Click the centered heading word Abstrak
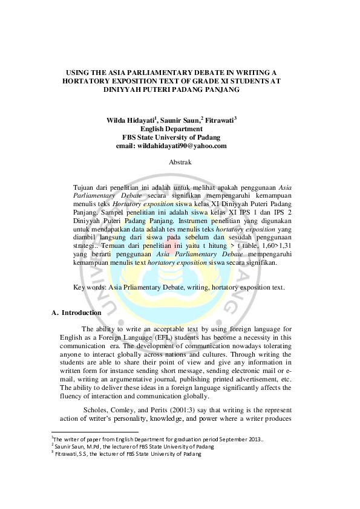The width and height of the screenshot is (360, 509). point(180,163)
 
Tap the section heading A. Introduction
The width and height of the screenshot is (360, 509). point(76,313)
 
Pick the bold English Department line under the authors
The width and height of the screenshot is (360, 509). point(171,129)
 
